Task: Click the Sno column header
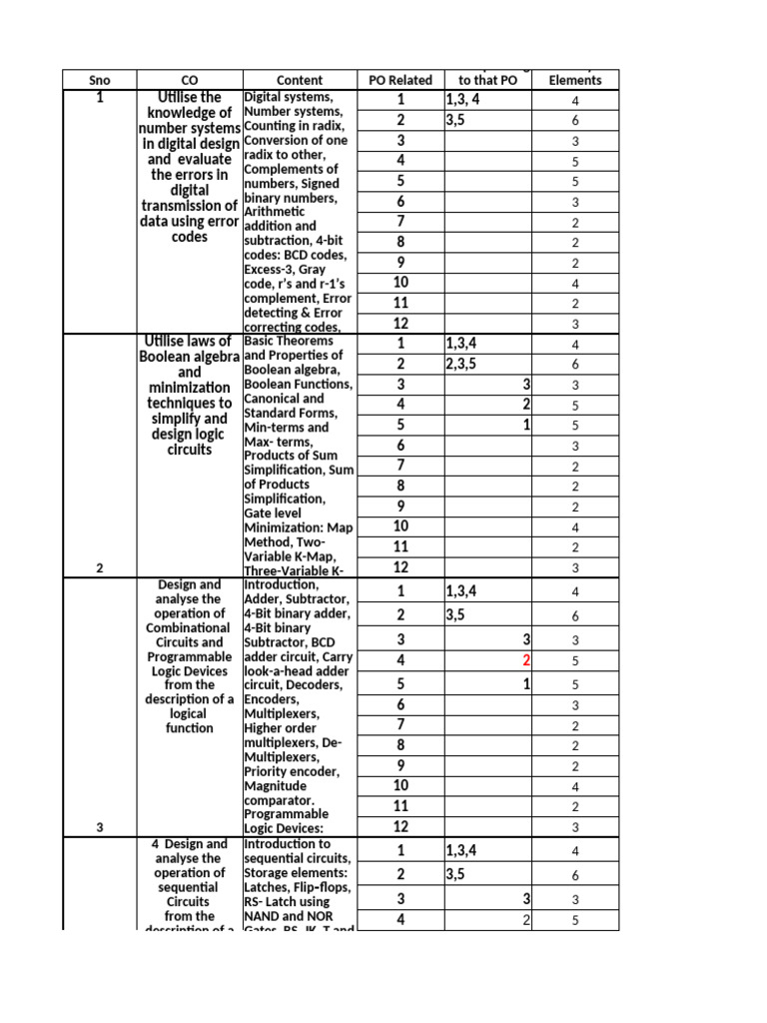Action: pos(98,80)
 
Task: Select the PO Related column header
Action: pos(399,80)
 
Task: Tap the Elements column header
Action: pos(575,80)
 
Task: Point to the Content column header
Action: pos(300,80)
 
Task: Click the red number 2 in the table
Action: pos(526,660)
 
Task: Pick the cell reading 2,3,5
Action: pos(468,365)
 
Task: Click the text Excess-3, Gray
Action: pos(290,270)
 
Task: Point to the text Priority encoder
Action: pos(292,771)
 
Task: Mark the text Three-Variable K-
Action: pos(298,570)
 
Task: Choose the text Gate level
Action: pos(273,512)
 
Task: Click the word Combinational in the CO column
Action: pos(190,627)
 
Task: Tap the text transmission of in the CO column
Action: pos(190,206)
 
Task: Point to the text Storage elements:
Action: pos(297,872)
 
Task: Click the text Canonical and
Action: pos(285,399)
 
